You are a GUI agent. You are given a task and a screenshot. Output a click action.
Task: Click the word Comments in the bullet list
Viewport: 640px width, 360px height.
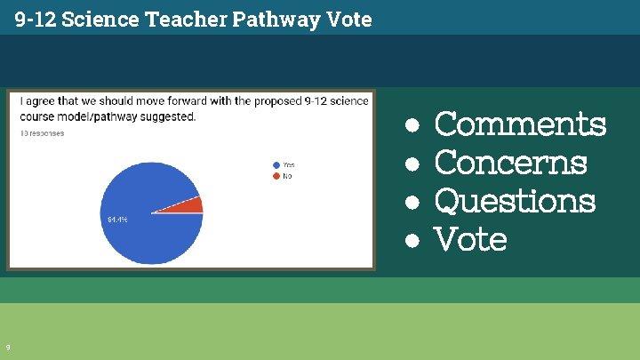pyautogui.click(x=520, y=124)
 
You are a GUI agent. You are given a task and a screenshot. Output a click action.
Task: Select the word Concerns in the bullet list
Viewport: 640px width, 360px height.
pyautogui.click(x=510, y=163)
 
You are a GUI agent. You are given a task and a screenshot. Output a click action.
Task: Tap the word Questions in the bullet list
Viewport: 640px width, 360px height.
pyautogui.click(x=515, y=201)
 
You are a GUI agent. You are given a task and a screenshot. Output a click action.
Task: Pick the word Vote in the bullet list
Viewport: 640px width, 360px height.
pyautogui.click(x=470, y=239)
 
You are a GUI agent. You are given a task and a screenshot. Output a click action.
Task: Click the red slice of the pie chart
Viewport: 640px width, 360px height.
pyautogui.click(x=190, y=205)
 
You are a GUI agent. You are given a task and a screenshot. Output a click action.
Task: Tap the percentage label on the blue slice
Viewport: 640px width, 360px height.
pyautogui.click(x=117, y=220)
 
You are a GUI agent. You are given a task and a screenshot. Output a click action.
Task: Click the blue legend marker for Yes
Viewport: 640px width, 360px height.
pyautogui.click(x=276, y=165)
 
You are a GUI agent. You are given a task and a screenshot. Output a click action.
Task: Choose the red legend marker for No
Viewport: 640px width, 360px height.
pyautogui.click(x=276, y=176)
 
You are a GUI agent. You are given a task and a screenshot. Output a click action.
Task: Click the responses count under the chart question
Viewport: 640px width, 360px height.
pyautogui.click(x=42, y=134)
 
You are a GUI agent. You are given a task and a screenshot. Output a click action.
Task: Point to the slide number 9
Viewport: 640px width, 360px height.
pyautogui.click(x=8, y=347)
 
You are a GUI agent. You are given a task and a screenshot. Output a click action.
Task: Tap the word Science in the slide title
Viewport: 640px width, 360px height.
pyautogui.click(x=101, y=19)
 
